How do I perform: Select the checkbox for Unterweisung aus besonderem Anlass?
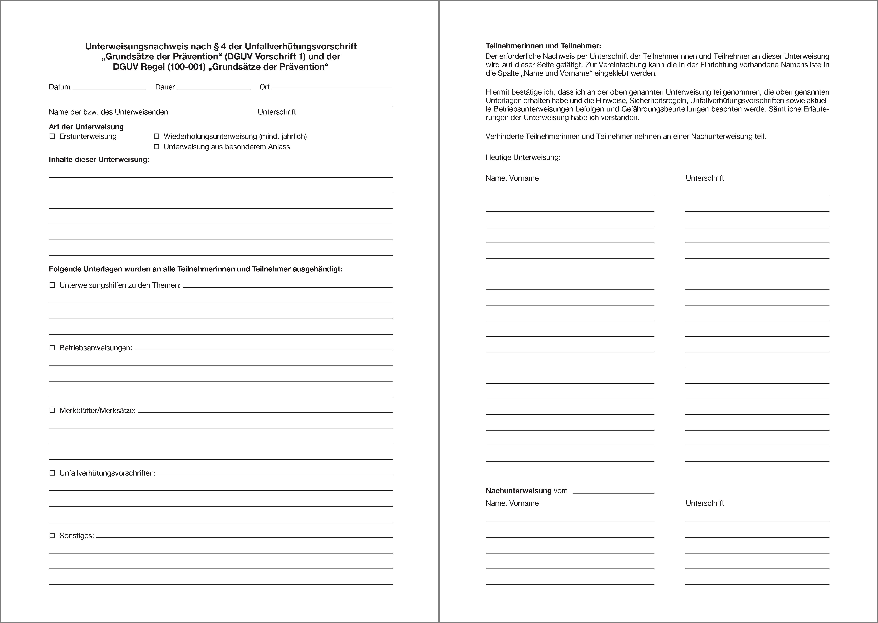(157, 147)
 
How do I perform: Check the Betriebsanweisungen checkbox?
(52, 348)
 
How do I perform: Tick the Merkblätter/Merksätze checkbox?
(52, 410)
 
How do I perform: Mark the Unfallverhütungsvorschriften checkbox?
(52, 473)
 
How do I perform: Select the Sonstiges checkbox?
(52, 536)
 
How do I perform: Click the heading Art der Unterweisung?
(86, 127)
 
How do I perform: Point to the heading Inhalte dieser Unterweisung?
(99, 160)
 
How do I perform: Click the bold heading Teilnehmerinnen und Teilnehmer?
(543, 46)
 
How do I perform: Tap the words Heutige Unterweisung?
(523, 157)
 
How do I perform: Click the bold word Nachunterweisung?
(518, 491)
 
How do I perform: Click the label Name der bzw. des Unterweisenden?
(108, 112)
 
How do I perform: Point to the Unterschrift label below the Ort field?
(277, 112)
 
